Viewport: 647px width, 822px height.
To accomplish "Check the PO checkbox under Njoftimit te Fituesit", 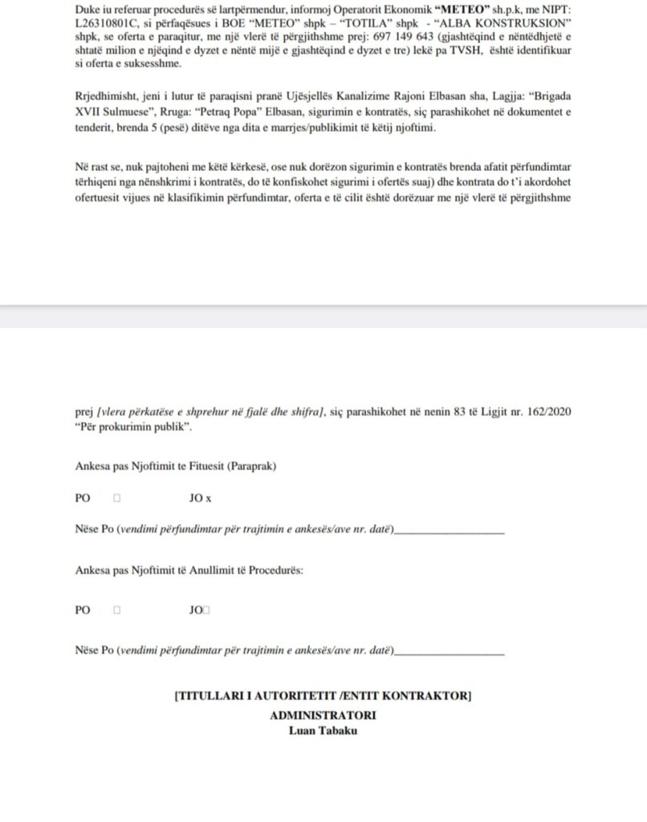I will click(117, 498).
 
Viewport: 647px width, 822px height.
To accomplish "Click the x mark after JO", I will click(209, 498).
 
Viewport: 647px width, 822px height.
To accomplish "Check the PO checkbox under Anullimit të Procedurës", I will click(117, 610).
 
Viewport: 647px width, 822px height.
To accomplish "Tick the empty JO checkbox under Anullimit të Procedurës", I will click(207, 610).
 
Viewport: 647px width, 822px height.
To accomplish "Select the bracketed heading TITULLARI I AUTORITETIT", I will click(323, 696).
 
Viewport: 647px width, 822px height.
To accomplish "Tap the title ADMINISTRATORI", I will click(323, 715).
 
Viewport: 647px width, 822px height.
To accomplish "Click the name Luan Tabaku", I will click(323, 730).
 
